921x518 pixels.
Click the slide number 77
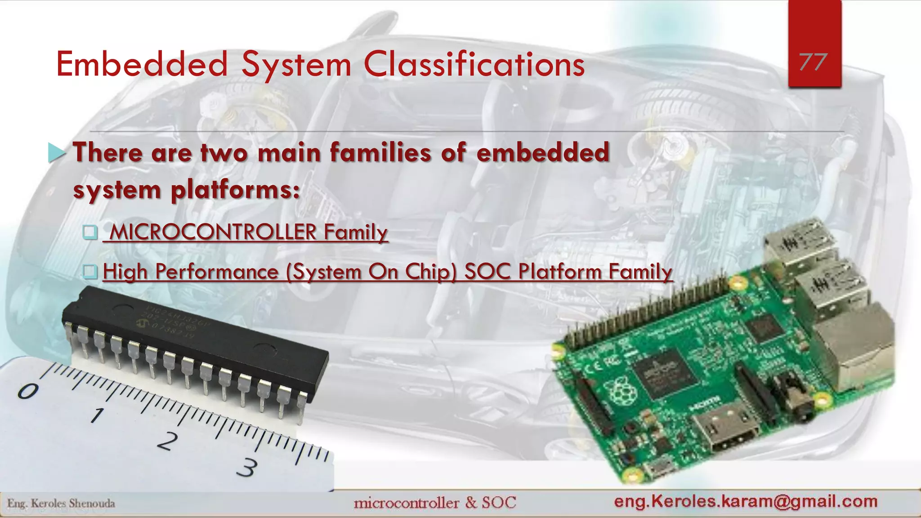tap(814, 62)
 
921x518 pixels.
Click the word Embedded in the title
tap(142, 64)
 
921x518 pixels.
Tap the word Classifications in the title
tap(474, 64)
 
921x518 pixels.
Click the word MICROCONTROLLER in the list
tap(213, 232)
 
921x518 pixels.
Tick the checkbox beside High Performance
tap(90, 271)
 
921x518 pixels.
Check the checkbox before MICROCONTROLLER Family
tap(90, 232)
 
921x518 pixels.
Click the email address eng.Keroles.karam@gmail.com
tap(746, 501)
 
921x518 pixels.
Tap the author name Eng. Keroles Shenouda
tap(61, 503)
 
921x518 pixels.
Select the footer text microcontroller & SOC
tap(435, 502)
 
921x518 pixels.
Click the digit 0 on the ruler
tap(28, 391)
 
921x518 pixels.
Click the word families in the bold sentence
tap(380, 152)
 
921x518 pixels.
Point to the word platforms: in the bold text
tap(235, 190)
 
